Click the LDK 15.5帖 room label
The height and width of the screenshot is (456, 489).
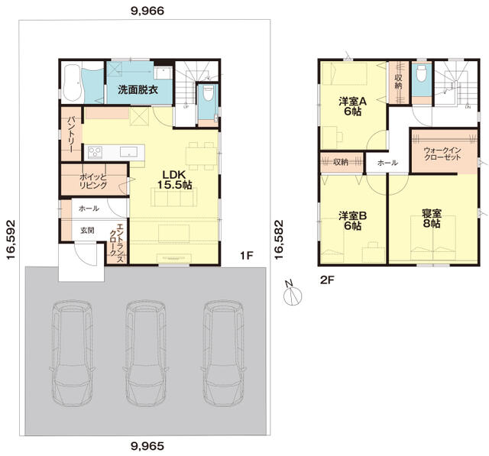click(174, 179)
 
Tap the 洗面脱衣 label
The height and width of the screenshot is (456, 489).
click(138, 90)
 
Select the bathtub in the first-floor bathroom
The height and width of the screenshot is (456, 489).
click(71, 83)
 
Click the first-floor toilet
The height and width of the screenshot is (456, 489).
click(207, 93)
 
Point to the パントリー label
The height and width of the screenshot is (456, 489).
click(71, 134)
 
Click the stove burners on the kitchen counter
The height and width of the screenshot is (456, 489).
click(95, 153)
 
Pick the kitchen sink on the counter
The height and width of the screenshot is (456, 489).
click(129, 152)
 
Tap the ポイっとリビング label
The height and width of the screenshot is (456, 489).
click(93, 181)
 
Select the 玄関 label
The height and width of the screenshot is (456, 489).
click(87, 231)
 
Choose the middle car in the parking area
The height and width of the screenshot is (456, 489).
click(146, 353)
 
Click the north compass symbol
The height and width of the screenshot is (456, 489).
click(293, 294)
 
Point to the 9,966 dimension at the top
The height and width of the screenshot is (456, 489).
click(147, 11)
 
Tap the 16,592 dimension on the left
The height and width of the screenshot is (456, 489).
click(11, 240)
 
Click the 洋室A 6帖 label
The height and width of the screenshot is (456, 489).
click(353, 106)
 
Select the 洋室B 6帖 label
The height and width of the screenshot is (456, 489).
click(353, 221)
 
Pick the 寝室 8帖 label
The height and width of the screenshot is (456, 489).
click(432, 218)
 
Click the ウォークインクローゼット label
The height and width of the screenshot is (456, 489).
click(442, 154)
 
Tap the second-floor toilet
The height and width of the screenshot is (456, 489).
click(421, 73)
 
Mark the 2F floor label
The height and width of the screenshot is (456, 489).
click(327, 280)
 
